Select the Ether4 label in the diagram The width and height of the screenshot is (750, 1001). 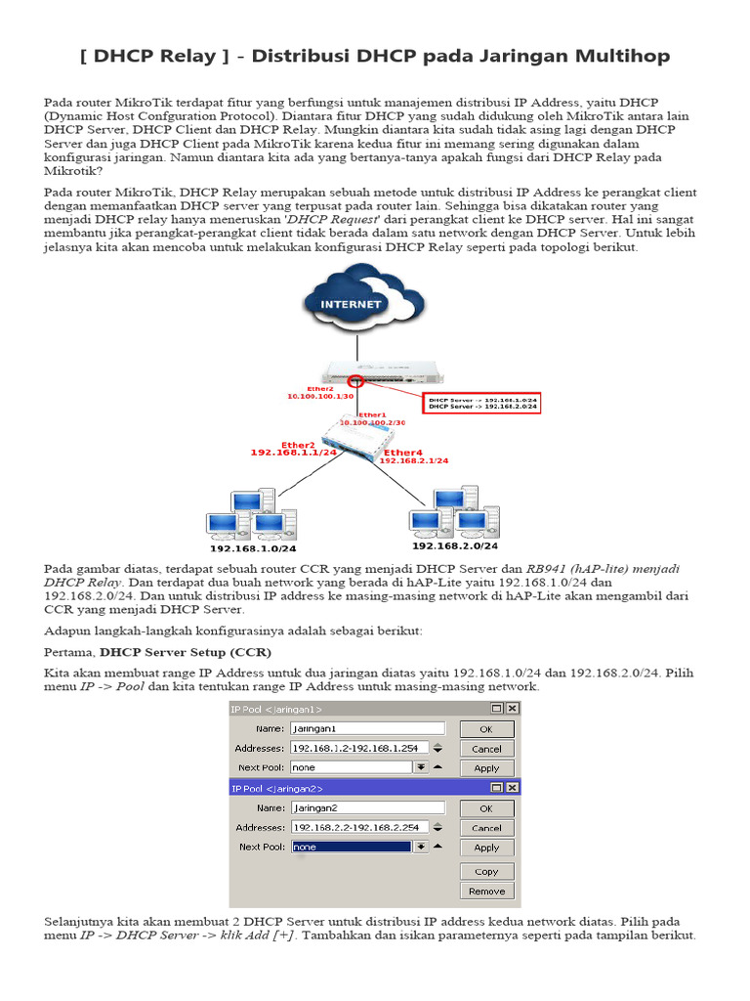tap(402, 453)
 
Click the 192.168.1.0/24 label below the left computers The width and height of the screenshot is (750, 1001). tap(252, 548)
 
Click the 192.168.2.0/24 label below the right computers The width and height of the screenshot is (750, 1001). tap(449, 546)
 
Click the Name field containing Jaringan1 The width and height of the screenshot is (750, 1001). tap(366, 728)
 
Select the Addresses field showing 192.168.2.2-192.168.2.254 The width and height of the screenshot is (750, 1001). tap(358, 827)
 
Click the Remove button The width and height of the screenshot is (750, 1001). tap(486, 892)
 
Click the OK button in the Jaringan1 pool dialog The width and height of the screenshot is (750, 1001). tap(486, 729)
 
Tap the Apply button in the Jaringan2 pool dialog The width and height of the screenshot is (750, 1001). tap(486, 849)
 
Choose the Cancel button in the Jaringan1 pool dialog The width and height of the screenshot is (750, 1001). tap(486, 749)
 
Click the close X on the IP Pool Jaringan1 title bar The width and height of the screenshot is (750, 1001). tap(512, 709)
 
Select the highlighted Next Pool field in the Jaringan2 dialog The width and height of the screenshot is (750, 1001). tap(351, 847)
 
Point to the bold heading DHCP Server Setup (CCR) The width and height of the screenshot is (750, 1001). tap(186, 651)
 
